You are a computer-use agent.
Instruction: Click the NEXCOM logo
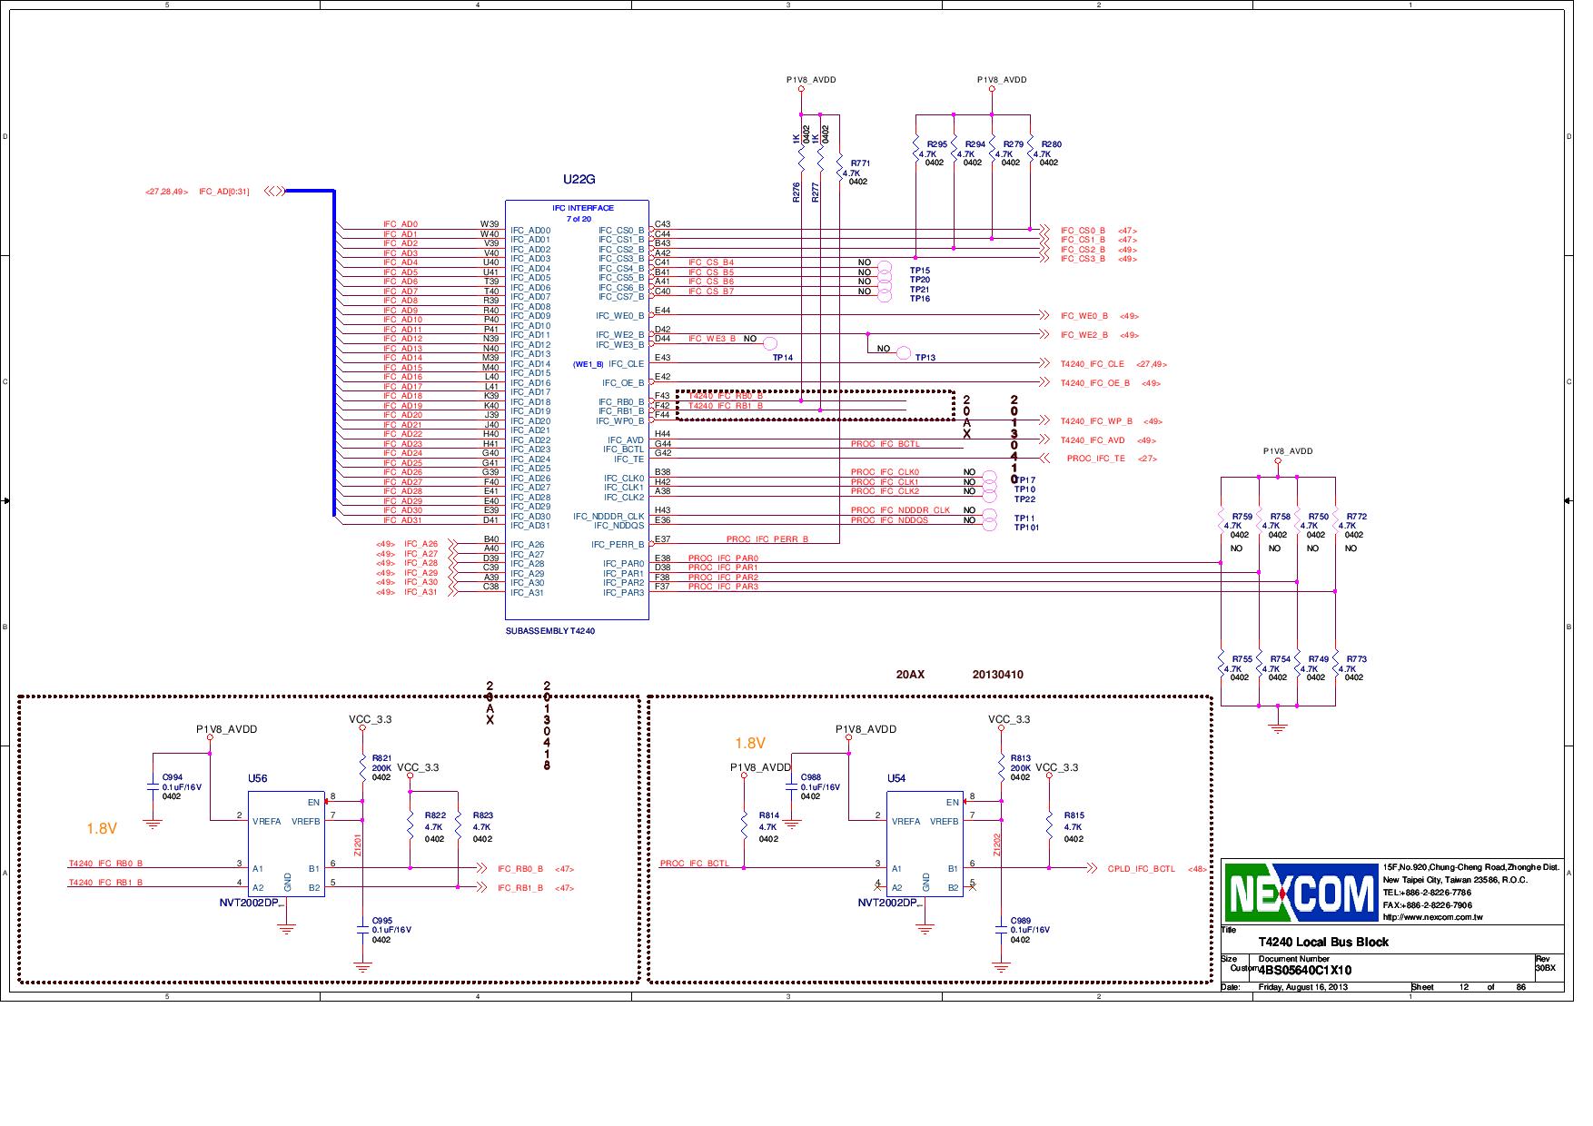click(1301, 892)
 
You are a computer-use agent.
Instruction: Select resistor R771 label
click(860, 163)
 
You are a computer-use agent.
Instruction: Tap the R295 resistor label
click(936, 144)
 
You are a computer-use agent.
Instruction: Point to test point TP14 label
click(782, 358)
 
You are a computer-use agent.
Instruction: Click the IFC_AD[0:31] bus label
click(223, 192)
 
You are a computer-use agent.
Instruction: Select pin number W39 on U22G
click(490, 223)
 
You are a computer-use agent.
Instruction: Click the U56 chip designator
click(258, 778)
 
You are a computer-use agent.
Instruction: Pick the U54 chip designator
click(896, 778)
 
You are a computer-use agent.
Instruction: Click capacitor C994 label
click(173, 777)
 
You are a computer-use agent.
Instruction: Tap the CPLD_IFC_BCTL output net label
click(1141, 869)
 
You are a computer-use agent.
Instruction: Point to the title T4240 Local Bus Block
click(1322, 942)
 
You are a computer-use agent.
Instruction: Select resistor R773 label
click(1356, 659)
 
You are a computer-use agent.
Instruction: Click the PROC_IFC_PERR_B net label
click(767, 539)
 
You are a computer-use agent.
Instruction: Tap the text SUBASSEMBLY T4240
click(549, 630)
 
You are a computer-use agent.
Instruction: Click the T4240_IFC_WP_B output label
click(1096, 421)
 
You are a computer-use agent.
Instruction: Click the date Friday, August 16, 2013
click(1303, 987)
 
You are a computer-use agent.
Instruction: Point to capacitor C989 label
click(1021, 921)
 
